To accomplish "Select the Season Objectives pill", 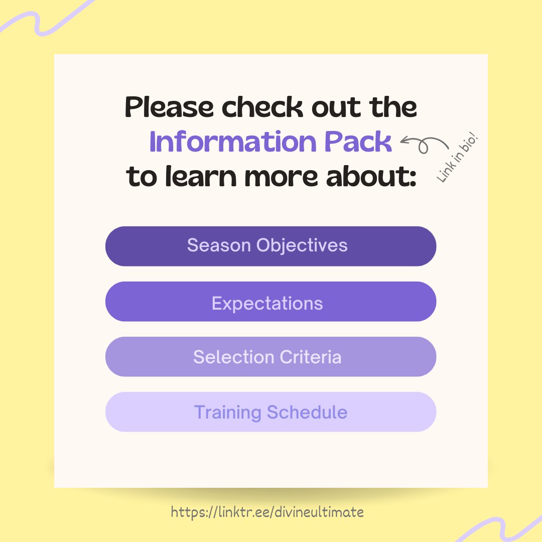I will (270, 246).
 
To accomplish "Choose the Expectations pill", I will (270, 302).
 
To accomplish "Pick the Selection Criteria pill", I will (270, 357).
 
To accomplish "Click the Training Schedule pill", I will (270, 412).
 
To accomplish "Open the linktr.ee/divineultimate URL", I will (267, 512).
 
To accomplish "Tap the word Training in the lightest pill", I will (227, 413).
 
